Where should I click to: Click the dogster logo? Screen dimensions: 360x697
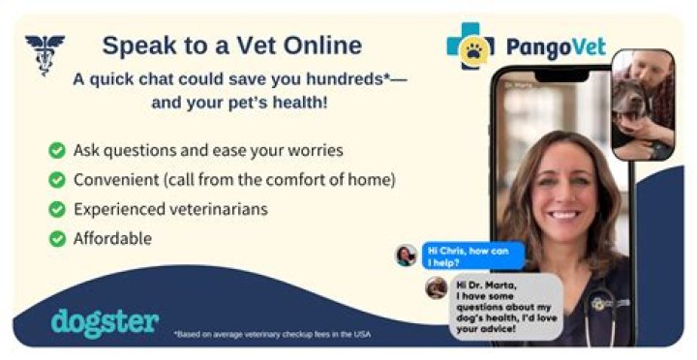pyautogui.click(x=105, y=322)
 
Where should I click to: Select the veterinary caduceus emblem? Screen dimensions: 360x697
pyautogui.click(x=44, y=53)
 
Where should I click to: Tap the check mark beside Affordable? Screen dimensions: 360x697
pyautogui.click(x=57, y=238)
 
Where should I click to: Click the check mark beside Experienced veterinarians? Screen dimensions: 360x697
pyautogui.click(x=57, y=209)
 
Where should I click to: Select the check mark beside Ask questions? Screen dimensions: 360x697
pyautogui.click(x=57, y=151)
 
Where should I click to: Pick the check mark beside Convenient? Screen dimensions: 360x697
pyautogui.click(x=57, y=180)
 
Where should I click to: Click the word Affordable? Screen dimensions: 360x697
pyautogui.click(x=112, y=238)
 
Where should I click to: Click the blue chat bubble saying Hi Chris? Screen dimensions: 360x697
pyautogui.click(x=471, y=255)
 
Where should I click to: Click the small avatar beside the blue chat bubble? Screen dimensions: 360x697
pyautogui.click(x=406, y=255)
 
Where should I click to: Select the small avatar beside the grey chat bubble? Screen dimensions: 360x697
pyautogui.click(x=437, y=287)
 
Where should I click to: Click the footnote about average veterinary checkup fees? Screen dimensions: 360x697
pyautogui.click(x=272, y=335)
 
